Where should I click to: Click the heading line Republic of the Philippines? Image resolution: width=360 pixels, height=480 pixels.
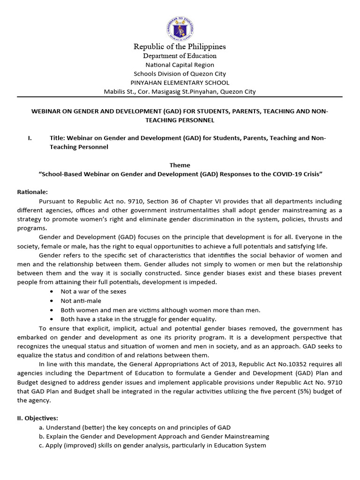click(180, 46)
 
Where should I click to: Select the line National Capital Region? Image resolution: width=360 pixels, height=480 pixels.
click(180, 65)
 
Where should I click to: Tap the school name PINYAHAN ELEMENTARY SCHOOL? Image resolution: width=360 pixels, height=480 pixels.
click(180, 82)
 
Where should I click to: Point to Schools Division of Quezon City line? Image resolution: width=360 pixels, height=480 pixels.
click(180, 74)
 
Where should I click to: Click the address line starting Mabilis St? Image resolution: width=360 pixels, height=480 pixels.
click(180, 91)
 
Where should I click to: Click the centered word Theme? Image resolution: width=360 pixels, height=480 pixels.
click(180, 165)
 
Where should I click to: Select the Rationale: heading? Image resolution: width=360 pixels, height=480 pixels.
click(32, 192)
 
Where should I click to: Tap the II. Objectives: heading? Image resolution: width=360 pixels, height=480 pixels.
click(37, 418)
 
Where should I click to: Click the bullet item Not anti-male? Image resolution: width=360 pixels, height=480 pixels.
click(81, 300)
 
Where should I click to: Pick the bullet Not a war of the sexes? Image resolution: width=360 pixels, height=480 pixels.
click(93, 291)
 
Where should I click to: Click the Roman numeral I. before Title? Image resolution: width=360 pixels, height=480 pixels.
click(30, 138)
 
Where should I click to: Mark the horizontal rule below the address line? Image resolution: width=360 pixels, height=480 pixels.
click(180, 97)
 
